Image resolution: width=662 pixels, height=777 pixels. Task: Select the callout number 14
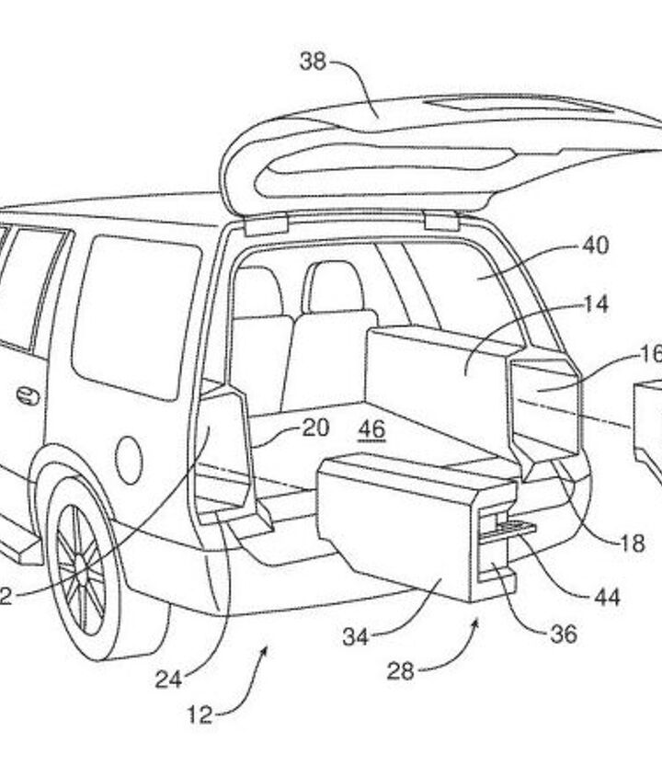[x=596, y=305]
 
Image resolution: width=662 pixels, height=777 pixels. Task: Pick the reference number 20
[x=315, y=427]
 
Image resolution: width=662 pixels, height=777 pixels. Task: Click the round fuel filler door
[x=130, y=456]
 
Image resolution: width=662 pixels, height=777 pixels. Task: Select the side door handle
[x=28, y=396]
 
